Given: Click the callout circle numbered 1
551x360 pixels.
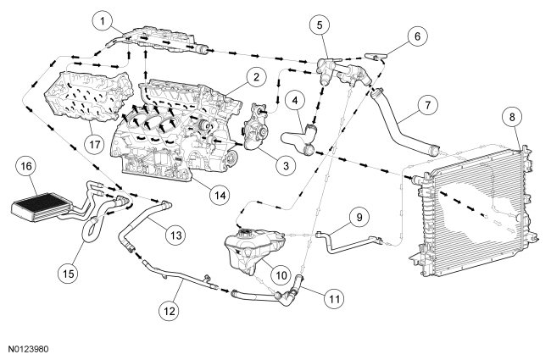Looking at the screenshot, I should point(103,18).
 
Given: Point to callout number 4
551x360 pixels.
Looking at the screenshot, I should point(295,102).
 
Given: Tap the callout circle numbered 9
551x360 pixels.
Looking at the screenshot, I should point(362,217).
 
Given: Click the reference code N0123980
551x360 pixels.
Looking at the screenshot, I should point(31,346).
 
